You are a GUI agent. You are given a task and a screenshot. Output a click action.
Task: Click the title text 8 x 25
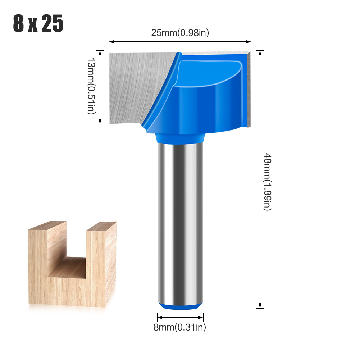point(38,24)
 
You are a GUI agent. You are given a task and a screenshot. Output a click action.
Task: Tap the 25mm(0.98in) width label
point(180,33)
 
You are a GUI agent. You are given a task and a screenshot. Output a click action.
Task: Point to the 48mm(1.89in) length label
point(268,182)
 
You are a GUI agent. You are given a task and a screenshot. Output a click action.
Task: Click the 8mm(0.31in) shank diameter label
point(180,327)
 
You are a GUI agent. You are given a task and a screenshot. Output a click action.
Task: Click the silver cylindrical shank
point(180,223)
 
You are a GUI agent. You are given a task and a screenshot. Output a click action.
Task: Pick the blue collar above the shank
point(180,138)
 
